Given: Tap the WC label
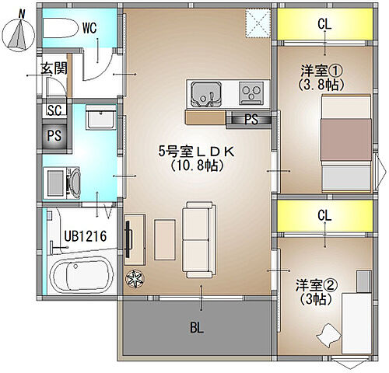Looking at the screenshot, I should (x=89, y=27).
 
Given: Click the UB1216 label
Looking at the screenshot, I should (x=86, y=235).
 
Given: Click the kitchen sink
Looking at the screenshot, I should (x=205, y=95).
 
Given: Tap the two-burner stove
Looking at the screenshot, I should (x=252, y=94).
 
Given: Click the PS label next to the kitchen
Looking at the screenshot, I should (x=251, y=119).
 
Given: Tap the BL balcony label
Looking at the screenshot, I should (x=196, y=327).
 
